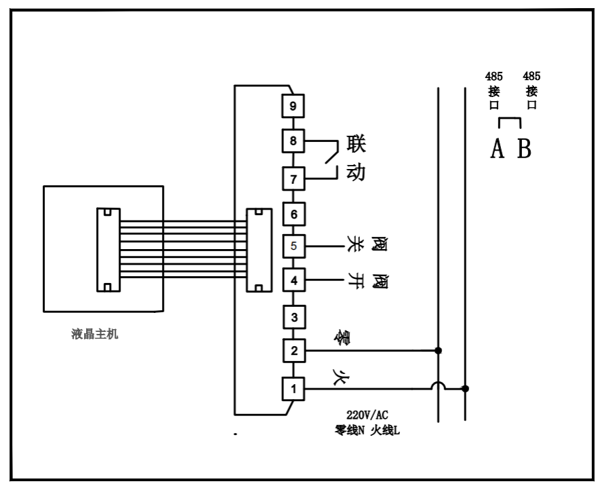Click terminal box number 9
point(294,107)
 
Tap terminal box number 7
point(294,179)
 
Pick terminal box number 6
point(294,214)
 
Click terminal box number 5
point(294,245)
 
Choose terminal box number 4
point(294,279)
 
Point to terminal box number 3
point(294,316)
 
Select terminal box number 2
point(294,351)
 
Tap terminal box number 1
point(294,389)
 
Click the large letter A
point(497,149)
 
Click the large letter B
point(523,149)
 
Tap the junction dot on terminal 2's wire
point(439,351)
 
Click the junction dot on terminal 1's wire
point(465,389)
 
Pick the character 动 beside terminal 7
point(356,172)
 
